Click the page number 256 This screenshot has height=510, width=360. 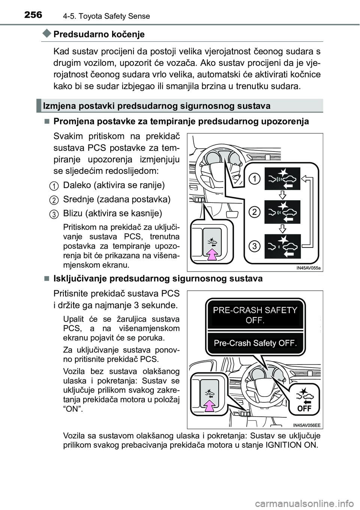click(34, 15)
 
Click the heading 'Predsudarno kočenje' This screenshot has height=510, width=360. click(99, 34)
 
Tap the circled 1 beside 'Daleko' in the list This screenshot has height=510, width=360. click(54, 185)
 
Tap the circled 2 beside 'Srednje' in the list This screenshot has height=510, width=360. click(54, 199)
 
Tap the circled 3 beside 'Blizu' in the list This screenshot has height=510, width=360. click(54, 214)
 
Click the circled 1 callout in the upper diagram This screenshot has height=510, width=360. click(255, 179)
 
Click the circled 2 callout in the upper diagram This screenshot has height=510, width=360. click(255, 212)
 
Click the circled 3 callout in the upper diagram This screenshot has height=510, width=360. click(255, 246)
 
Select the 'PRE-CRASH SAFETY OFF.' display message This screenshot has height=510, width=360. click(255, 315)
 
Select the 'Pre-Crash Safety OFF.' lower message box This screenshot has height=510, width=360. click(255, 343)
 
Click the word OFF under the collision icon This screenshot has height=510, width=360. click(304, 408)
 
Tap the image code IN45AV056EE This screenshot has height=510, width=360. click(307, 425)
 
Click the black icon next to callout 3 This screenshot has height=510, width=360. click(283, 246)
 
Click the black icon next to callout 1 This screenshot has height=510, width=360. click(283, 179)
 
